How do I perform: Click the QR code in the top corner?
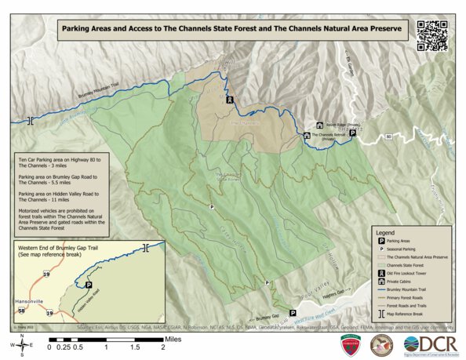(431, 35)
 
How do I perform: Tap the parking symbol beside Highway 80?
(352, 133)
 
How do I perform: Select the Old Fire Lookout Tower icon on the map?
(229, 100)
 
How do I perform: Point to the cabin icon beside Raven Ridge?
(319, 125)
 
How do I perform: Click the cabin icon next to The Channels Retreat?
(306, 135)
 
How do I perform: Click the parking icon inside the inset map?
(88, 285)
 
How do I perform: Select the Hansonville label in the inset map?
(31, 300)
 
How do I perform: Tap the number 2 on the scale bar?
(162, 345)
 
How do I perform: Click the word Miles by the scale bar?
(174, 340)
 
